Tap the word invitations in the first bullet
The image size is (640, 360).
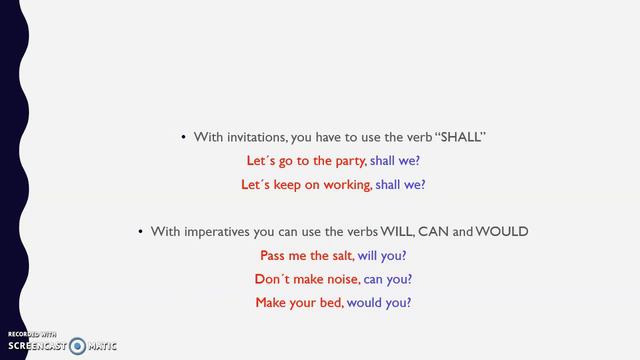(255, 136)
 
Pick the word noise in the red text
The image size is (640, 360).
(338, 279)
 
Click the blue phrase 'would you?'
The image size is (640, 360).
(380, 303)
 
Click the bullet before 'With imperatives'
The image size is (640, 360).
(141, 233)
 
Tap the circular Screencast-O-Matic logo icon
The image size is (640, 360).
(78, 346)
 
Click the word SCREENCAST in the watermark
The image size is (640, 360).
(37, 346)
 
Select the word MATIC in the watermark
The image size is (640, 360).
(102, 346)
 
